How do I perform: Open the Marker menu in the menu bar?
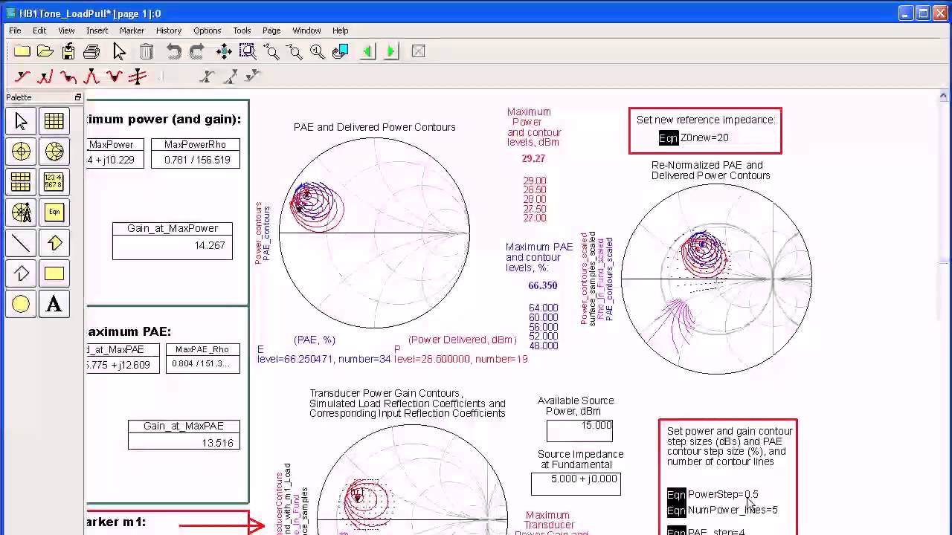[132, 30]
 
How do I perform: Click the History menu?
[168, 30]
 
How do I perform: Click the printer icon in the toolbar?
[91, 51]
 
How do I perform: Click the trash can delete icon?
[147, 51]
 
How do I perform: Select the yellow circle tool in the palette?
[21, 304]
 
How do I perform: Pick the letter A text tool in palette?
[54, 304]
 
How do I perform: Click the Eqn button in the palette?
[54, 213]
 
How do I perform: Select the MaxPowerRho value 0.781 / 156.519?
[197, 160]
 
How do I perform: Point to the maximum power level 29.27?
[533, 158]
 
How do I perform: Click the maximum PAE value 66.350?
[542, 285]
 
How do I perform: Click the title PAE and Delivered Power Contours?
[374, 127]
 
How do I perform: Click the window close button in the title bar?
[940, 13]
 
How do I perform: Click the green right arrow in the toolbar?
[391, 51]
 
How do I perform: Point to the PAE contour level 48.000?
[543, 346]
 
